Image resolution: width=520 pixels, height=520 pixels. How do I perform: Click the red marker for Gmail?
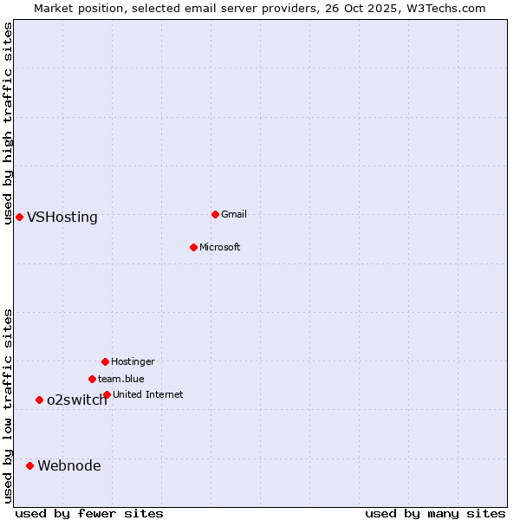(215, 214)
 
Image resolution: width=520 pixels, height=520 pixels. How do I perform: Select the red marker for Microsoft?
(193, 247)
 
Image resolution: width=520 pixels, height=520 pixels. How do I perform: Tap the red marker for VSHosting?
(19, 217)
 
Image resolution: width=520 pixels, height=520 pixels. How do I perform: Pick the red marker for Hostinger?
(105, 361)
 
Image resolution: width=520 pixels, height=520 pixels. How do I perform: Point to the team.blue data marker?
(92, 379)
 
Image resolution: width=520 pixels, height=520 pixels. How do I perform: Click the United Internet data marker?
(107, 394)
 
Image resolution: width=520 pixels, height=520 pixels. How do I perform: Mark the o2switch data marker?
(39, 400)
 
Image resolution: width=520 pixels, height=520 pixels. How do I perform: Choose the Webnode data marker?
(29, 465)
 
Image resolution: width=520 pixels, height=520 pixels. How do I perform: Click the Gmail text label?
(234, 214)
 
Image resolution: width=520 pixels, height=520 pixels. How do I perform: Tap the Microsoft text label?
(220, 247)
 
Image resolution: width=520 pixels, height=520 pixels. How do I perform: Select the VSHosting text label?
(62, 218)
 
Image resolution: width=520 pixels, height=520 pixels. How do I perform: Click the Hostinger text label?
(133, 361)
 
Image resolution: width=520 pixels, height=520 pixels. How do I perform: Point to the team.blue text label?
(121, 379)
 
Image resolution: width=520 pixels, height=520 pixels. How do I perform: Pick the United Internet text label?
(148, 394)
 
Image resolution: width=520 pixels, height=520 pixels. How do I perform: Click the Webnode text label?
(69, 466)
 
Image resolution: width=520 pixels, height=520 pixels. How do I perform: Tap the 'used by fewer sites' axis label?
(89, 513)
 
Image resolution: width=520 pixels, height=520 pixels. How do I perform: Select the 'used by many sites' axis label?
(435, 513)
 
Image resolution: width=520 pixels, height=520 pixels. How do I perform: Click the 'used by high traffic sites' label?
(9, 123)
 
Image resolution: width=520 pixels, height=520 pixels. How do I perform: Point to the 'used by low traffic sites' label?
(9, 406)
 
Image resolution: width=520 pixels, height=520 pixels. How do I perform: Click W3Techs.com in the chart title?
(446, 8)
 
